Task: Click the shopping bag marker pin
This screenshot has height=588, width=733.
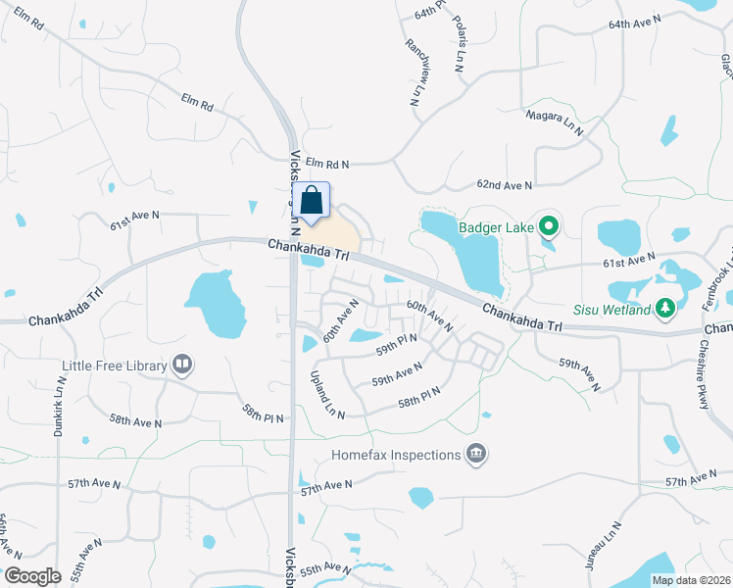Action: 312,202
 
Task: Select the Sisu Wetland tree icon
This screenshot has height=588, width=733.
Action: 666,310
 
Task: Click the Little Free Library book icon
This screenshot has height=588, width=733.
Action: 182,366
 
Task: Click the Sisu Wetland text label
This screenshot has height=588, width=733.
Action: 613,311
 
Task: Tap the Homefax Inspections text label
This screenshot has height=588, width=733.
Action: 396,455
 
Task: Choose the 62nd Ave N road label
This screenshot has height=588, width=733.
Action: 505,184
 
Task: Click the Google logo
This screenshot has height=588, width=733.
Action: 33,575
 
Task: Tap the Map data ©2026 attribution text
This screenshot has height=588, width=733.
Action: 689,580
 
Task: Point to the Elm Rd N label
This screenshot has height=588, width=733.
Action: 327,162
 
